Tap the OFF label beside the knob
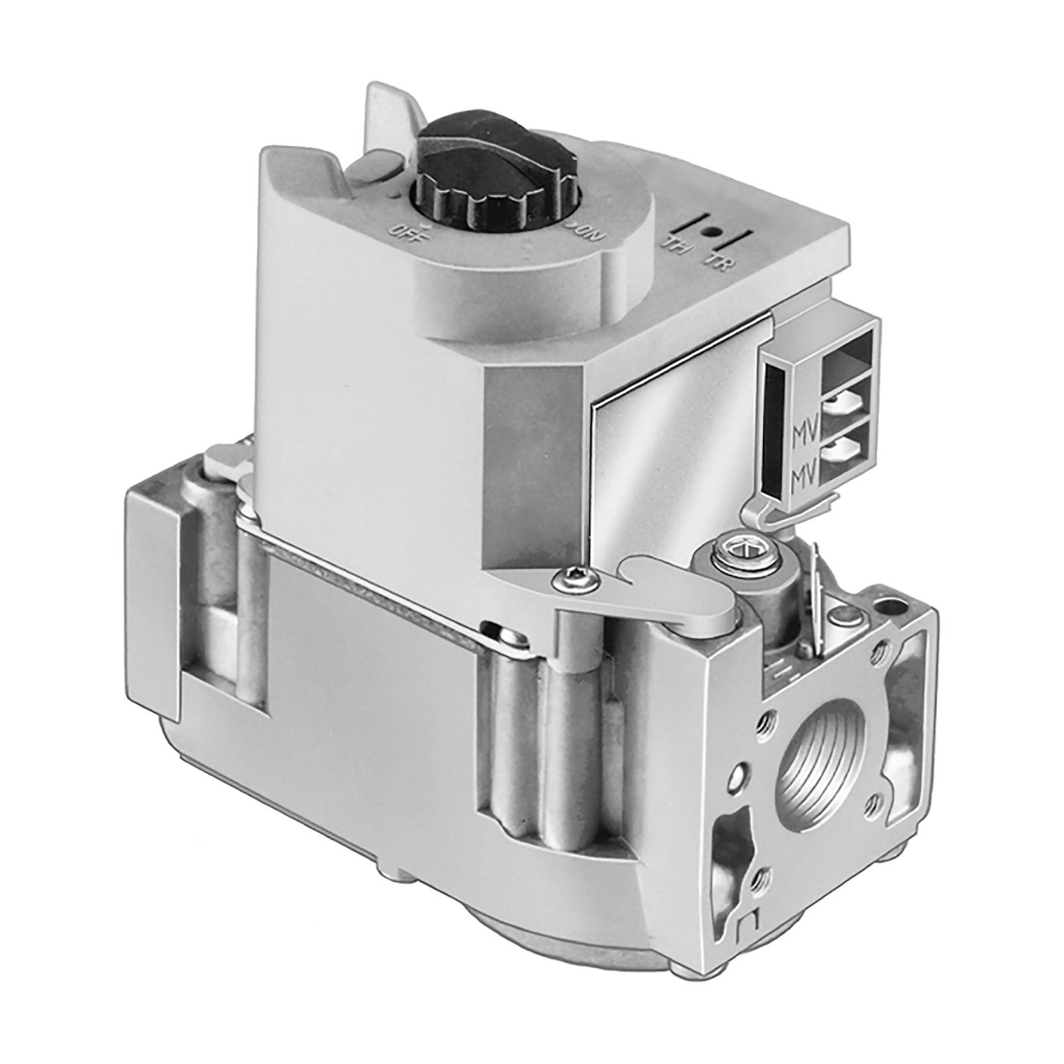point(401,230)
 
